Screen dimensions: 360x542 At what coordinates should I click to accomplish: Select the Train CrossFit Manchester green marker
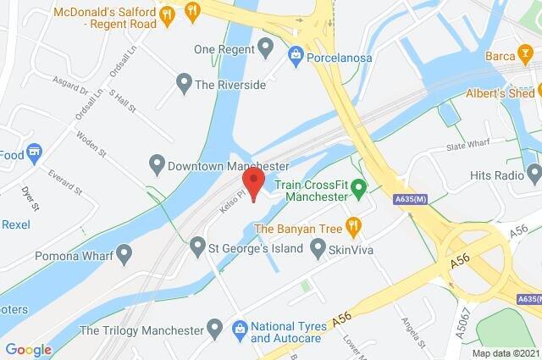point(359,187)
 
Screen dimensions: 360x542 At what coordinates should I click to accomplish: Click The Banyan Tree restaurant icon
point(354,227)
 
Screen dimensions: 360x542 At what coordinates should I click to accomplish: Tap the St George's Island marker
point(197,247)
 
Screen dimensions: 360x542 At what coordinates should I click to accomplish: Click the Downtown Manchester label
point(229,165)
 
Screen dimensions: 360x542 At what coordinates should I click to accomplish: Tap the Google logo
point(28,349)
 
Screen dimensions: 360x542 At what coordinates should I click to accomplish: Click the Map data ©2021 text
point(505,352)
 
